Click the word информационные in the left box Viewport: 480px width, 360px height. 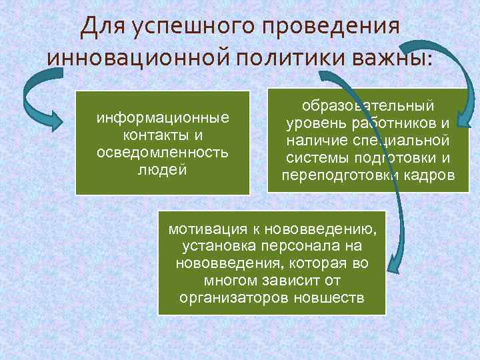(x=163, y=119)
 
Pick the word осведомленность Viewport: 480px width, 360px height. (x=163, y=152)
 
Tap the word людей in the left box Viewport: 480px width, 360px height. (x=163, y=169)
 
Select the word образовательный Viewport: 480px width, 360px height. (x=368, y=107)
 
